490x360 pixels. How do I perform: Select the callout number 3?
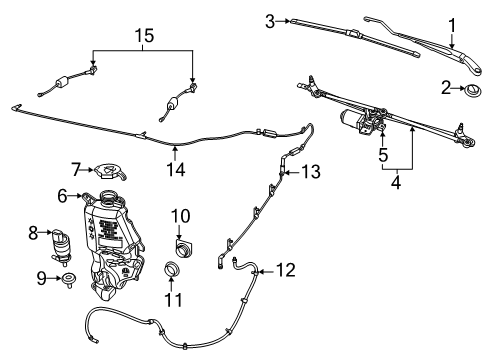pyautogui.click(x=270, y=20)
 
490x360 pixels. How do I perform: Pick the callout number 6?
pyautogui.click(x=62, y=196)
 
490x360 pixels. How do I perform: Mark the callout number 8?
pyautogui.click(x=32, y=232)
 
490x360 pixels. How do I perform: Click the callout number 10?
pyautogui.click(x=180, y=215)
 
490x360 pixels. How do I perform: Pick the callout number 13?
pyautogui.click(x=311, y=173)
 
